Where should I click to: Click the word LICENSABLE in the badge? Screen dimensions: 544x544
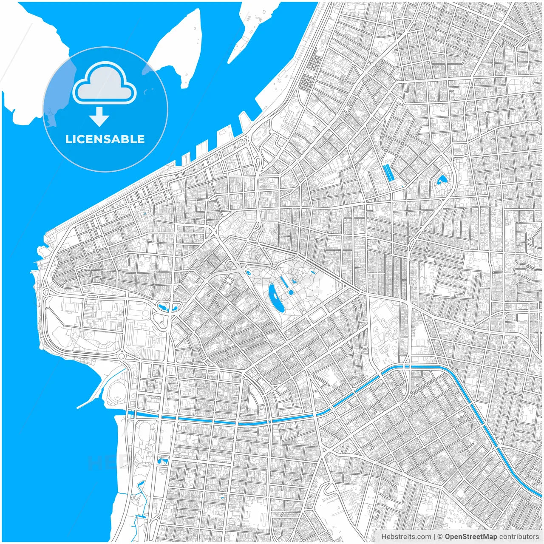[x=105, y=139]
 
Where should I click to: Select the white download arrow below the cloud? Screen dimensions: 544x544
[x=99, y=116]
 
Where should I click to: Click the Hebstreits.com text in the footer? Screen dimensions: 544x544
[x=406, y=537]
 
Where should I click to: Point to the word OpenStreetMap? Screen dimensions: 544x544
[x=470, y=537]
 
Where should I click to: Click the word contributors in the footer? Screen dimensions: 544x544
[x=519, y=537]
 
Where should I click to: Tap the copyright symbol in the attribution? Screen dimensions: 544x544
[x=440, y=537]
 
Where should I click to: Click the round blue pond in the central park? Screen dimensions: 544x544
[x=291, y=292]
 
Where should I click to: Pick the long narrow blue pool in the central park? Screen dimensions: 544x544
[x=283, y=282]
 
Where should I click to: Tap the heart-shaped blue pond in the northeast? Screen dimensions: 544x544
[x=441, y=181]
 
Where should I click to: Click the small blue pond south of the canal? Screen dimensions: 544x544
[x=162, y=461]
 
